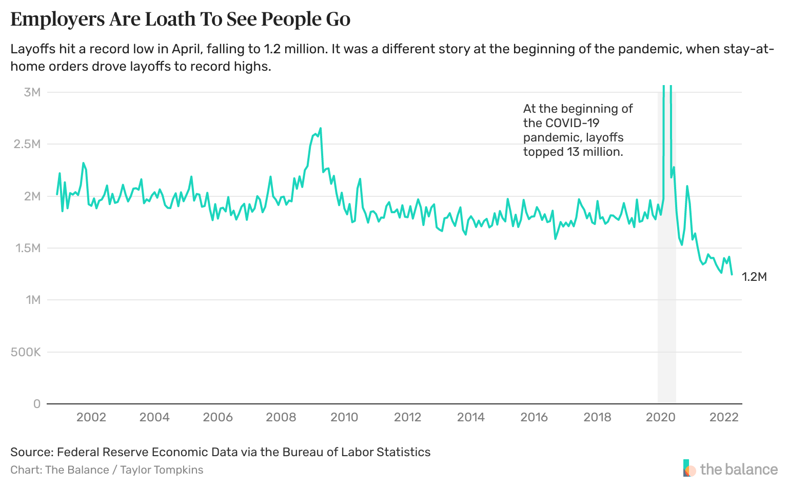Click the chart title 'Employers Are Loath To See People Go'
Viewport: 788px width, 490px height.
[x=180, y=19]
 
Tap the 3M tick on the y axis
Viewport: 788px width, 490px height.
[x=32, y=92]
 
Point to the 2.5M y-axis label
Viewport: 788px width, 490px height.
[x=28, y=144]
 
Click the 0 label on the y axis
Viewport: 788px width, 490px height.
[x=36, y=404]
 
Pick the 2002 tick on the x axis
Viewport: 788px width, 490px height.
[x=91, y=417]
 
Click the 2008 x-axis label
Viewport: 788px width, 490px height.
[x=281, y=417]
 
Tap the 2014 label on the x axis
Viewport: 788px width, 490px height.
[x=471, y=417]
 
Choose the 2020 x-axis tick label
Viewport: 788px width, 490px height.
[x=661, y=417]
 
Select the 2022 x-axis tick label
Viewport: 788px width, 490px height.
[x=724, y=417]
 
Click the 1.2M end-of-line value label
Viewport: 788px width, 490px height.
[x=754, y=277]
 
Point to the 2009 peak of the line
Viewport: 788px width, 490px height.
[x=320, y=128]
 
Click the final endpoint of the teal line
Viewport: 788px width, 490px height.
[x=732, y=275]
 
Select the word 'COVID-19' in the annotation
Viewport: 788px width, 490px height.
[x=572, y=123]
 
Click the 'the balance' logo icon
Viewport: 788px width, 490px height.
[x=689, y=468]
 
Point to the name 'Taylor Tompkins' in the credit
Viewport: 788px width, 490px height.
[x=162, y=470]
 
